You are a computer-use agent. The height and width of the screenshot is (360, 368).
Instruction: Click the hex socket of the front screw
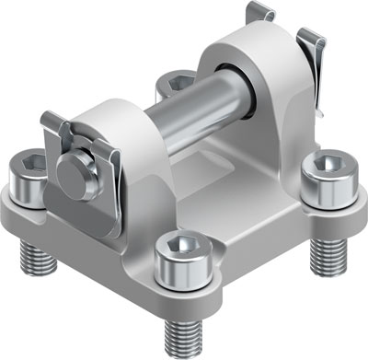tap(180, 245)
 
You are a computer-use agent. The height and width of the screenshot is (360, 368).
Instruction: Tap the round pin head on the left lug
tap(70, 168)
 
